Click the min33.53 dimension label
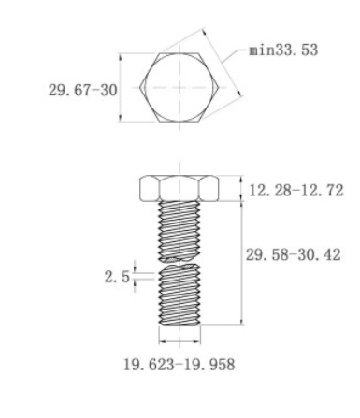click(x=283, y=50)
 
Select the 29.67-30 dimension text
click(x=83, y=91)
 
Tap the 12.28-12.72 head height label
click(x=296, y=190)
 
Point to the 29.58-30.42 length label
click(x=294, y=255)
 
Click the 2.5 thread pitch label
click(x=117, y=277)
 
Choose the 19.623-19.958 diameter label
click(x=180, y=365)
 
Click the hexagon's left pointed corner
click(x=140, y=87)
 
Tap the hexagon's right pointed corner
click(x=218, y=87)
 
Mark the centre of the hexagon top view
click(x=180, y=87)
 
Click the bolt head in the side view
click(x=180, y=188)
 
